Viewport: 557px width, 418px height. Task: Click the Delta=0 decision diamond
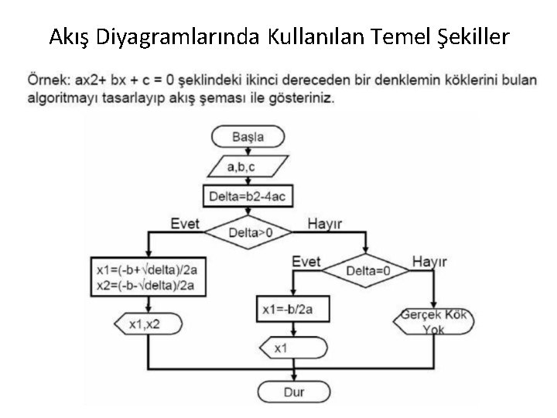click(x=367, y=271)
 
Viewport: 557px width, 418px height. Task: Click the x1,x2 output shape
click(x=148, y=323)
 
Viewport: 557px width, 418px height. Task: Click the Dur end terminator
click(x=294, y=392)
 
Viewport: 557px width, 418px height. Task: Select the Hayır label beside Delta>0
click(x=325, y=224)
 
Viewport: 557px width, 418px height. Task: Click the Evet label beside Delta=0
click(x=306, y=262)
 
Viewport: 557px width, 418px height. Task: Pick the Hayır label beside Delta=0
click(x=429, y=262)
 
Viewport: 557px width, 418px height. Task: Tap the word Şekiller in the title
click(x=463, y=36)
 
